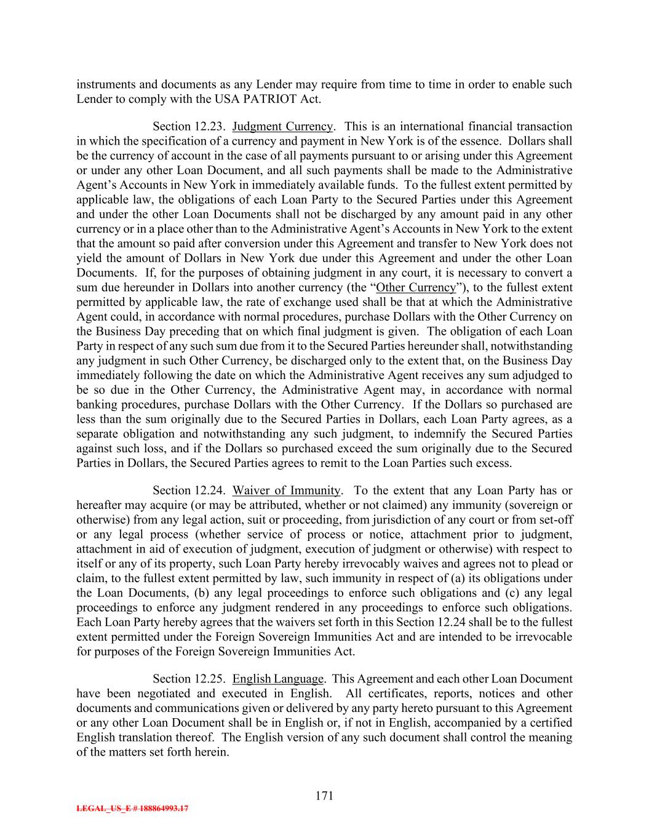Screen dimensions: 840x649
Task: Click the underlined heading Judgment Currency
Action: [x=282, y=127]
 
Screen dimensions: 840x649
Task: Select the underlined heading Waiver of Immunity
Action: [x=287, y=490]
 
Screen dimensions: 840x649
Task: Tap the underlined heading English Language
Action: [x=278, y=679]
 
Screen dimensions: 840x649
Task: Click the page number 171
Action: [x=324, y=796]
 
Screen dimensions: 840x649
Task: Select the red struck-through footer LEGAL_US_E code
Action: [x=132, y=809]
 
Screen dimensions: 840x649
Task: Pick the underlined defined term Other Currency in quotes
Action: [x=415, y=288]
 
